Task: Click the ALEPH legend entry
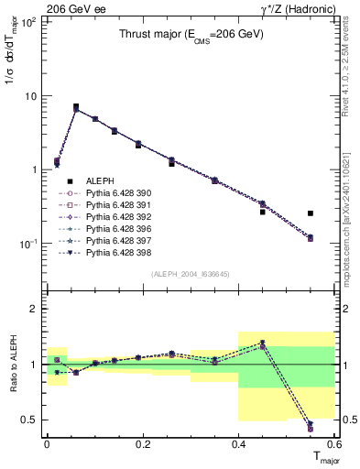[98, 181]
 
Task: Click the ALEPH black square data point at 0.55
[311, 213]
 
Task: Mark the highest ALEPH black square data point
[76, 106]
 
